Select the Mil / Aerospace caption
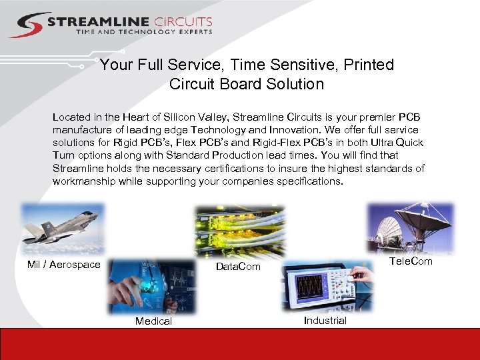tap(64, 265)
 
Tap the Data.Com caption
tap(238, 267)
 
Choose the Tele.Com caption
tap(410, 261)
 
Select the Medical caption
tap(153, 321)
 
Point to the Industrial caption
tap(325, 321)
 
